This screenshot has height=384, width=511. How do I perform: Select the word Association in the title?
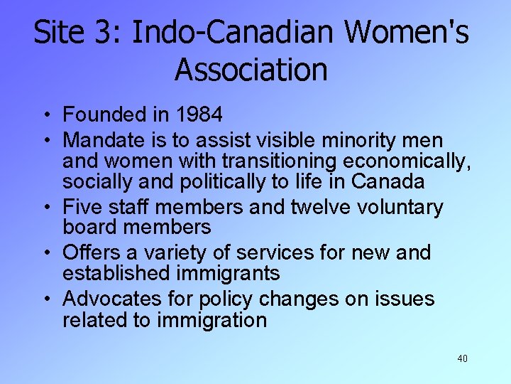tap(251, 70)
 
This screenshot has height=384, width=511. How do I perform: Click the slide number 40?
tap(462, 358)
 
